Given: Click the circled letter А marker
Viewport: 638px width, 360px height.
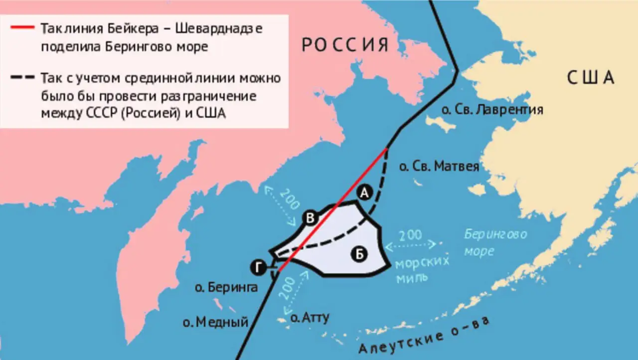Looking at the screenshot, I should pyautogui.click(x=364, y=193).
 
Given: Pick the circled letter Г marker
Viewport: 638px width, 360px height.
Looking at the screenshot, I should pyautogui.click(x=258, y=268).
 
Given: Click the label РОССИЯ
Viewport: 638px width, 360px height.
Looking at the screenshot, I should pyautogui.click(x=345, y=45).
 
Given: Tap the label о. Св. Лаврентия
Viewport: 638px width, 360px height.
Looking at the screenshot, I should pyautogui.click(x=492, y=109).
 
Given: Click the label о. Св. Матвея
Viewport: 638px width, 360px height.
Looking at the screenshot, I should pyautogui.click(x=439, y=166).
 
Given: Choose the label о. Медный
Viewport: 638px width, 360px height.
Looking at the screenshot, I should pyautogui.click(x=215, y=322).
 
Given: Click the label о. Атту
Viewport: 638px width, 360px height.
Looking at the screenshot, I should pyautogui.click(x=310, y=317).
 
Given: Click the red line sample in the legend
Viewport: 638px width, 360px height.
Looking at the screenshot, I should pyautogui.click(x=21, y=28).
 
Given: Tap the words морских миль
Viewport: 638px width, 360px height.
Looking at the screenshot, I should pyautogui.click(x=422, y=269).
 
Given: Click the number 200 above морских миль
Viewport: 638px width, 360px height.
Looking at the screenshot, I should pyautogui.click(x=410, y=235).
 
